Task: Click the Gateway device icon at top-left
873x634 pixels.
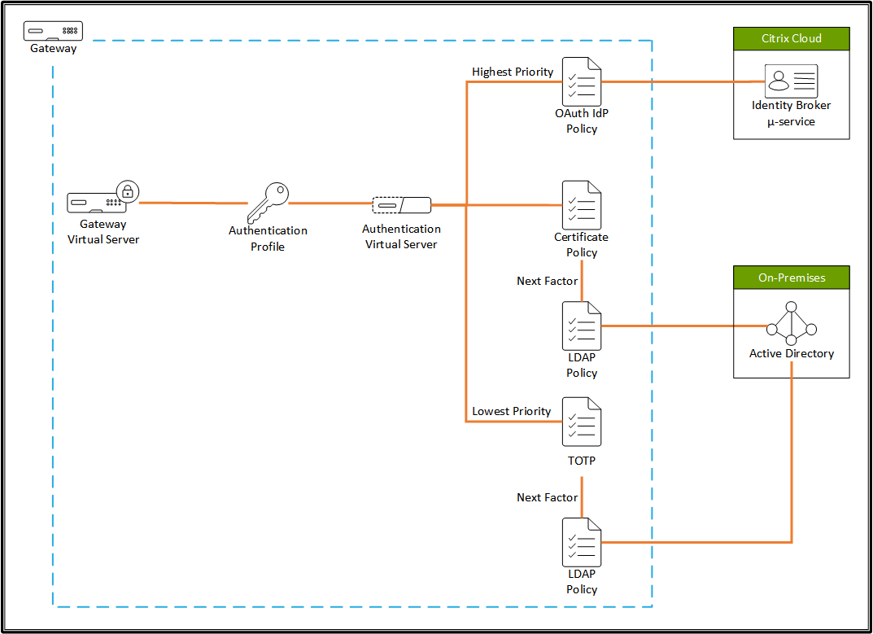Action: point(54,31)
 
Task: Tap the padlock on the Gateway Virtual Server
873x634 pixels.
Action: point(128,192)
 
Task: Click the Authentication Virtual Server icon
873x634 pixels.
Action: point(401,204)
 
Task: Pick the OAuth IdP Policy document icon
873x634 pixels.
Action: point(582,81)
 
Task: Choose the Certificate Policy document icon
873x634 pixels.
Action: point(582,205)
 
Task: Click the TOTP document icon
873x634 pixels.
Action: point(582,422)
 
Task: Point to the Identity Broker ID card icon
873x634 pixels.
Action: point(791,81)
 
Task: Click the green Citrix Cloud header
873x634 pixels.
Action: point(791,38)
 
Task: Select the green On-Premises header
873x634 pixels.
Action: point(791,278)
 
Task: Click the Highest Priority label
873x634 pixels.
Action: point(513,72)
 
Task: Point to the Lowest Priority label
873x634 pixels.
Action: point(512,412)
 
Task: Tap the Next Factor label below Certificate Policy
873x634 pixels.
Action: point(547,281)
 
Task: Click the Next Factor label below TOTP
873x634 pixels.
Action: point(547,497)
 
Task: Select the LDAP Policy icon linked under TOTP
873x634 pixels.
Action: point(582,543)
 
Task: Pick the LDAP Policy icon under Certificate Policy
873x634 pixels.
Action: point(582,326)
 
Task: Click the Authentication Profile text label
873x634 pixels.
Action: point(268,238)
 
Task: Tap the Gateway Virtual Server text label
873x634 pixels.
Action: point(103,232)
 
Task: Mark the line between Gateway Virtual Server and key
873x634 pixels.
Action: point(193,203)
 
